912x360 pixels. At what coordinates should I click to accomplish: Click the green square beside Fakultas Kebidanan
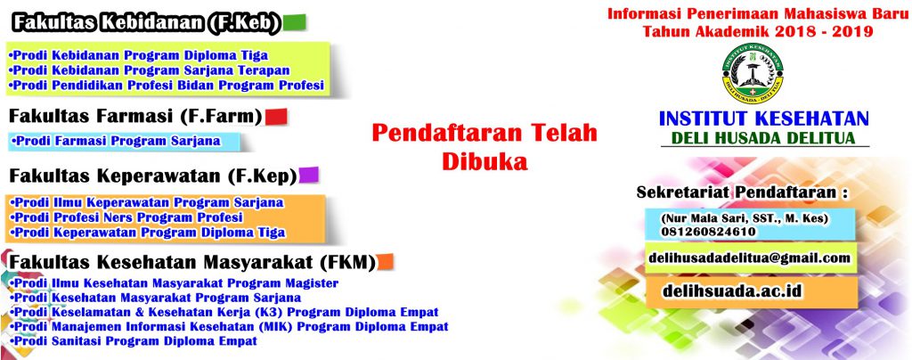294,22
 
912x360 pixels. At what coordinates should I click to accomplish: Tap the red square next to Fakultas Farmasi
276,117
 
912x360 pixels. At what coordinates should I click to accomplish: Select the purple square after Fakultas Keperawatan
308,175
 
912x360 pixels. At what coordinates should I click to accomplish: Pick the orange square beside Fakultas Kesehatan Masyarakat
385,262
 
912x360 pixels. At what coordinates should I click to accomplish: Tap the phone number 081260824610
708,231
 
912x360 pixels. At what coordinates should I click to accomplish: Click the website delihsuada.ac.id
733,291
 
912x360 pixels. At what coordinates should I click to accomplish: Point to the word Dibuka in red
485,160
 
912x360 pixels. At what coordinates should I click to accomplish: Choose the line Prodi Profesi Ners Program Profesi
126,217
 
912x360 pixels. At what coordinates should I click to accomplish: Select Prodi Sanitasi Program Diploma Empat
134,341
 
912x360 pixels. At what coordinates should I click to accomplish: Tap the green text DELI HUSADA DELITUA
763,138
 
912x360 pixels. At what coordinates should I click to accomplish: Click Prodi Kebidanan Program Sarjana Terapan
150,70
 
